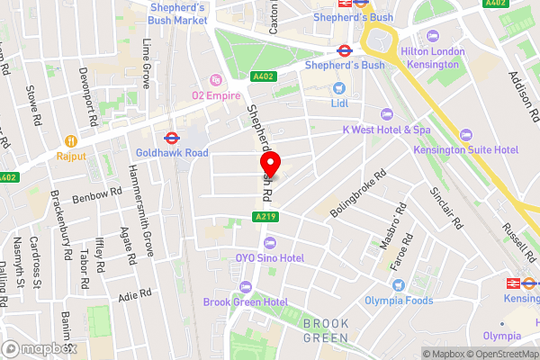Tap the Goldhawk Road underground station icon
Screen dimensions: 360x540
[x=168, y=139]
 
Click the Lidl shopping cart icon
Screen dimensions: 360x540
[x=339, y=88]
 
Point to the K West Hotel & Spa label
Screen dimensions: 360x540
[x=387, y=129]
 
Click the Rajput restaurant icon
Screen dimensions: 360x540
[x=68, y=140]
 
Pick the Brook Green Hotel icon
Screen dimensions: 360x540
[x=245, y=287]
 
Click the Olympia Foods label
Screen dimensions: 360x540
[x=399, y=301]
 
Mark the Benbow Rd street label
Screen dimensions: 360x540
[x=96, y=194]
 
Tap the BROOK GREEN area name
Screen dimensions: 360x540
[x=325, y=330]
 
